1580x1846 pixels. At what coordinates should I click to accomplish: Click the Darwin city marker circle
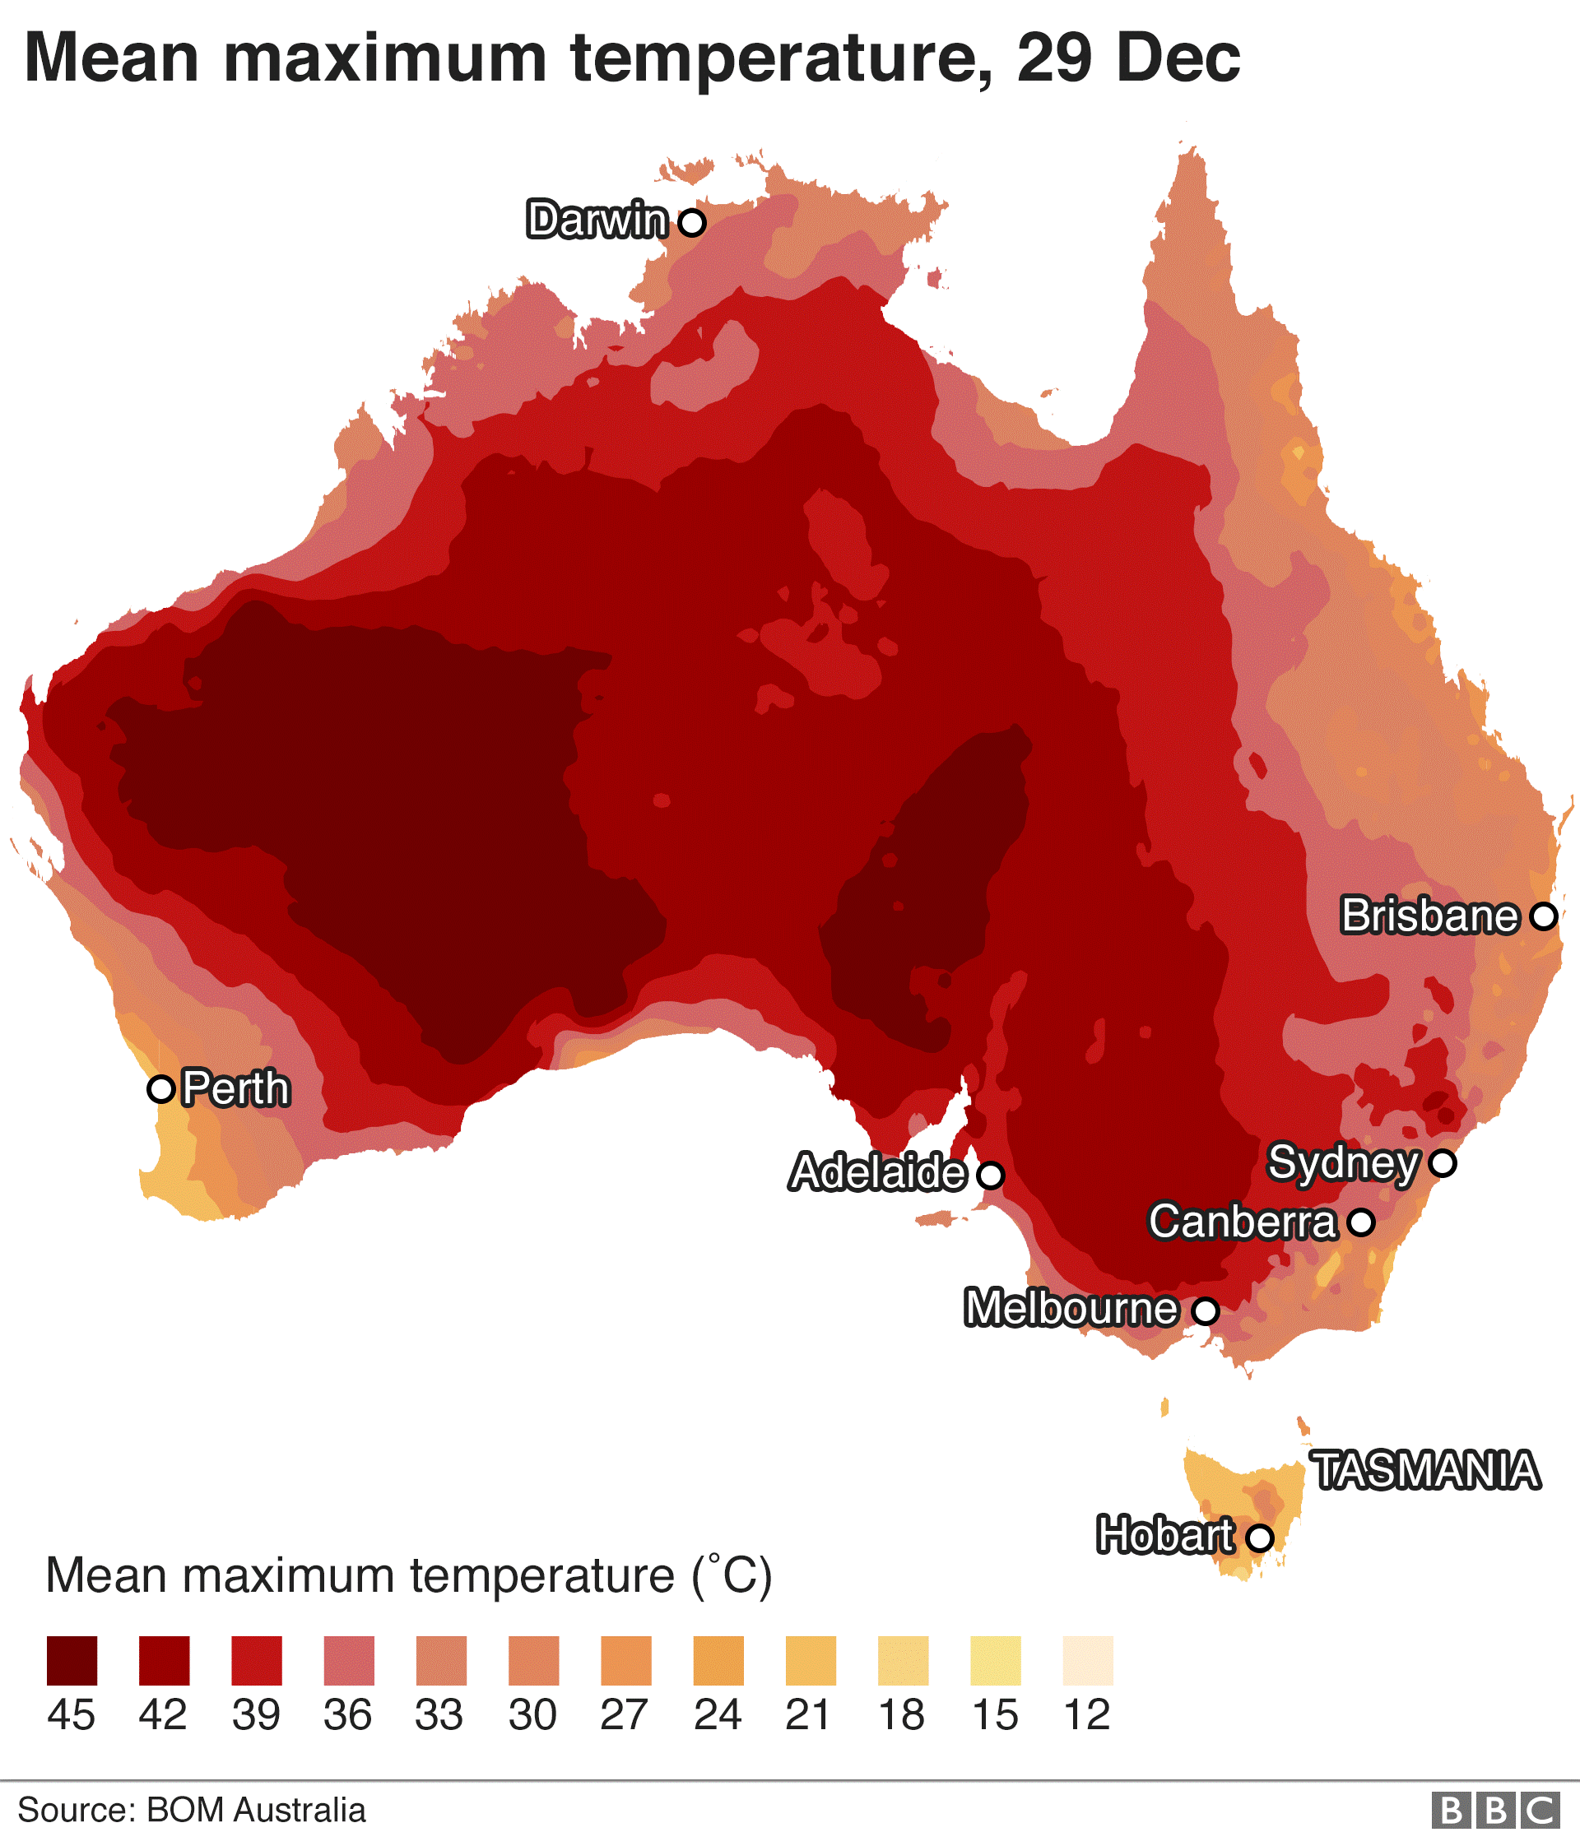(691, 222)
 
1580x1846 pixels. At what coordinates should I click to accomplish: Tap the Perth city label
(236, 1088)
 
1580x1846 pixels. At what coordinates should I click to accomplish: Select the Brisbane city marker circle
(1544, 916)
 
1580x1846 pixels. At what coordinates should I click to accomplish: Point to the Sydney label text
(1343, 1162)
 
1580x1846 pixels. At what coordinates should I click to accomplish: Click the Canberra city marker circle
(1361, 1222)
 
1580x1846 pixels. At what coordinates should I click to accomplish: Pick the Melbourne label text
(1071, 1308)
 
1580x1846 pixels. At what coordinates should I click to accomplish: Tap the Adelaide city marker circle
(990, 1175)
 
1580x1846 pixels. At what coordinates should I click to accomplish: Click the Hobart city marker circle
(1259, 1538)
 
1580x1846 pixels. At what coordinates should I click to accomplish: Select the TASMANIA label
(1426, 1470)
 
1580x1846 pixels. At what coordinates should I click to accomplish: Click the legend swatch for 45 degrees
(72, 1661)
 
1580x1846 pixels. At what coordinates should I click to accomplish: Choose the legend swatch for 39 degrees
(257, 1661)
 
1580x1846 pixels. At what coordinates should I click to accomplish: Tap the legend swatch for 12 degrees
(1088, 1661)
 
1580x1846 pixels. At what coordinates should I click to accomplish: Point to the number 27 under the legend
(624, 1715)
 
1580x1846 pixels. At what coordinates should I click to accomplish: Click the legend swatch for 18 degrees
(903, 1661)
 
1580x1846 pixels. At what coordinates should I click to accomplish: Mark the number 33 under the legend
(439, 1715)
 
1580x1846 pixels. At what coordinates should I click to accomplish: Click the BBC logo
(1496, 1811)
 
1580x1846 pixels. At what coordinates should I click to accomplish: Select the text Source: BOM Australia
(192, 1811)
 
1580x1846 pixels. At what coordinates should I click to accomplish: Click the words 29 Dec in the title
(1127, 58)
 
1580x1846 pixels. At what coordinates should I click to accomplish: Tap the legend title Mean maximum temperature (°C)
(408, 1576)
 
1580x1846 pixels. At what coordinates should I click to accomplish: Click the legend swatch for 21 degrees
(811, 1661)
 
